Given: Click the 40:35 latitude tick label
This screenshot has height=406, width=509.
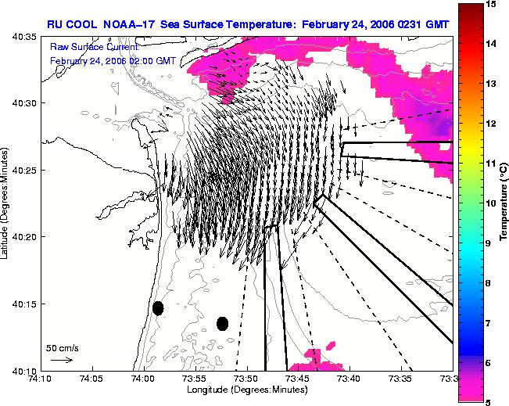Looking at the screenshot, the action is click(24, 37).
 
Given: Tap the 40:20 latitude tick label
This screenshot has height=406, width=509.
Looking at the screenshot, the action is click(24, 237).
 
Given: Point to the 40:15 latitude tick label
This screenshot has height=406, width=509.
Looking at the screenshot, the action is click(24, 304).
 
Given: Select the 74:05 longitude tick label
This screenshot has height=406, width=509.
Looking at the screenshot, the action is click(93, 379).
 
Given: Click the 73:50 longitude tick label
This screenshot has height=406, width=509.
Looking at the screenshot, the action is click(247, 379).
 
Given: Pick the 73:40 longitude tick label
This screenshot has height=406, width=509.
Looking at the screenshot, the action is click(350, 379).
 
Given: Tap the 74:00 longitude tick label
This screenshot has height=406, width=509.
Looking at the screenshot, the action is click(144, 379).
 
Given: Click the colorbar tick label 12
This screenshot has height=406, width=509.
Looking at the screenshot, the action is click(491, 124).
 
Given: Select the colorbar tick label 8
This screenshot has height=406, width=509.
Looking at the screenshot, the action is click(488, 283).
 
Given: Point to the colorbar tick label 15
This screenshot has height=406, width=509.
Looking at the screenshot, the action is click(491, 4).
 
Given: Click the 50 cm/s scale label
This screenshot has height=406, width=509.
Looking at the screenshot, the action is click(63, 349).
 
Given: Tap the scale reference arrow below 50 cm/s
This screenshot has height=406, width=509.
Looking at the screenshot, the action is click(62, 360).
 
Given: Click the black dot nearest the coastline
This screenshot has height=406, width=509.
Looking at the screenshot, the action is click(158, 308).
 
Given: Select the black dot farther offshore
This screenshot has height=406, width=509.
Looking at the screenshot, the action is click(222, 324).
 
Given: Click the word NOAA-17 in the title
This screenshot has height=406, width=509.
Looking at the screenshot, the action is click(129, 24).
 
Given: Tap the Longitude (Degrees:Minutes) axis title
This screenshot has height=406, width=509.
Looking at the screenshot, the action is click(247, 389).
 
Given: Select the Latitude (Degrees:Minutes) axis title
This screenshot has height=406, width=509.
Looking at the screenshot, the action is click(4, 203).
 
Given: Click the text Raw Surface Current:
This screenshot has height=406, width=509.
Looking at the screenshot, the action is click(95, 47).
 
